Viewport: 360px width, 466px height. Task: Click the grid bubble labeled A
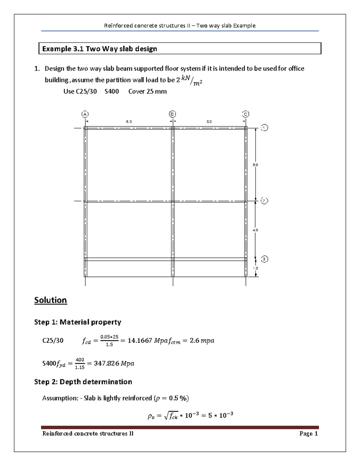point(85,114)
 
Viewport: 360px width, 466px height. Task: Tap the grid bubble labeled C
point(246,114)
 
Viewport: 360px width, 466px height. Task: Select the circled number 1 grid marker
point(264,128)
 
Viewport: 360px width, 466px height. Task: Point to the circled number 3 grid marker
point(264,259)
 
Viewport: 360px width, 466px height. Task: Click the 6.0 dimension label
point(129,122)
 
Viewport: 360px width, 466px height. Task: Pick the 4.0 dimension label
point(255,230)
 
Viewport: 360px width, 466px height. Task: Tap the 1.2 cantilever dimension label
point(255,268)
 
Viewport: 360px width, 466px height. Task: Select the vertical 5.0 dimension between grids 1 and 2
point(255,165)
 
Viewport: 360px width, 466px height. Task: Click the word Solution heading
point(50,300)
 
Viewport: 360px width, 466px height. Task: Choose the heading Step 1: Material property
point(77,322)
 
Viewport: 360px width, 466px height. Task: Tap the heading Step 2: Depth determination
point(83,382)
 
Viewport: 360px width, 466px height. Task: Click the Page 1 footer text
point(308,434)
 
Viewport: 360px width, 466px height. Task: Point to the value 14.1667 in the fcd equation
point(140,341)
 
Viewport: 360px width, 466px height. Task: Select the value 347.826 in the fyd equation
point(106,363)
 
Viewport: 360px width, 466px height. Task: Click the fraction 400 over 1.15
point(80,363)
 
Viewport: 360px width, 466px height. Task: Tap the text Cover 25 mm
point(147,92)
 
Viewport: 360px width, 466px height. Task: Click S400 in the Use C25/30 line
point(112,92)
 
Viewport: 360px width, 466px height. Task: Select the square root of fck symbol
point(171,416)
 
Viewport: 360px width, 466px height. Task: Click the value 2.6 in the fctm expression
point(194,341)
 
